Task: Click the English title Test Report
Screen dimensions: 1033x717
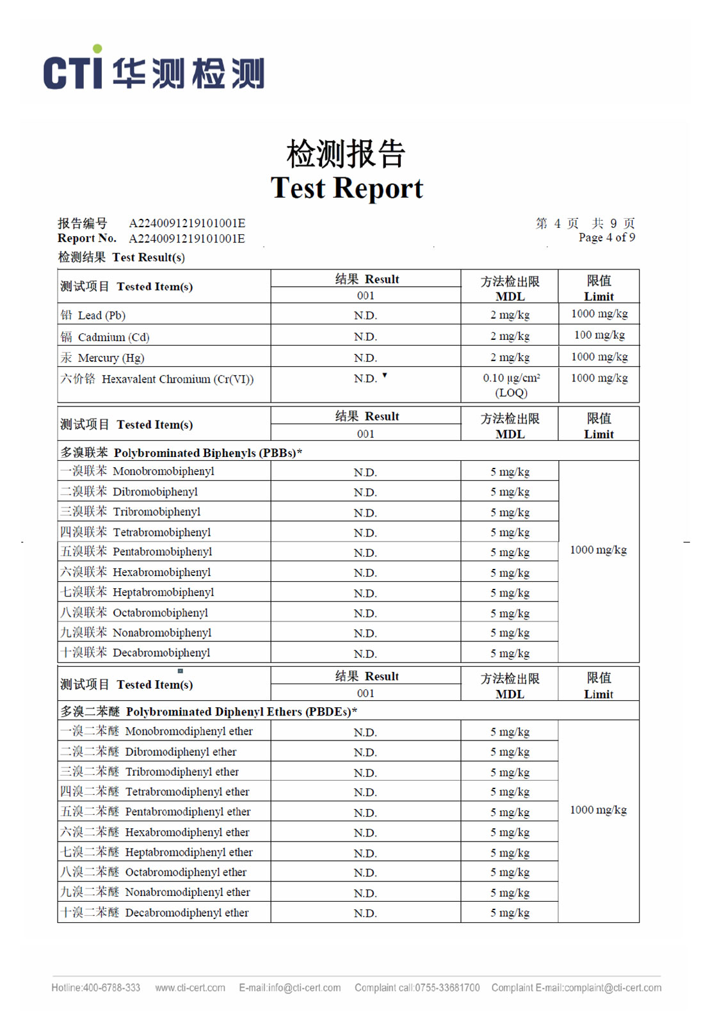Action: coord(346,188)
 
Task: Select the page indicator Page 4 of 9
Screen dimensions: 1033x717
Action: coord(606,237)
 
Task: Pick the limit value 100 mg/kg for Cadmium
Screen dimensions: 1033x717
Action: coord(599,335)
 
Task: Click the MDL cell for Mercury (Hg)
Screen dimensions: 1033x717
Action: coord(510,357)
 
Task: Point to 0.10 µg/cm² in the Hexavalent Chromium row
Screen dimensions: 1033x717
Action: coord(511,378)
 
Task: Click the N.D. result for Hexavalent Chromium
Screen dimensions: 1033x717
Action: coord(366,379)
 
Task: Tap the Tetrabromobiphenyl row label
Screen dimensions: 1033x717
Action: coord(161,532)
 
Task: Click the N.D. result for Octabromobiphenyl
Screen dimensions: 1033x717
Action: coord(365,613)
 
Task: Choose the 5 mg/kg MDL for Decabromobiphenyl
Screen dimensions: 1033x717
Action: coord(510,653)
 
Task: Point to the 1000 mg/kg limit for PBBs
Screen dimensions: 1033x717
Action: coord(598,550)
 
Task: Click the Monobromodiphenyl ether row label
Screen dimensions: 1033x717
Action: coord(188,731)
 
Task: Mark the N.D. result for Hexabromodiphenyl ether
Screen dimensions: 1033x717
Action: coord(365,833)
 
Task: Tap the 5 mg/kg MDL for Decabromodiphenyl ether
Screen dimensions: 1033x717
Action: coord(510,913)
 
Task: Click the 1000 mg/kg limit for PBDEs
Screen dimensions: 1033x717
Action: coord(598,810)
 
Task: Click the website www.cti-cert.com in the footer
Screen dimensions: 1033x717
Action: coord(190,988)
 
